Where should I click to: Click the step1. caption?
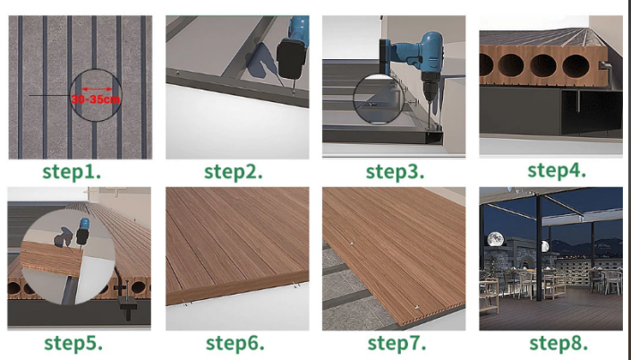click(72, 172)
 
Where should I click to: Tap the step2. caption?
click(234, 172)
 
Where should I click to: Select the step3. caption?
click(395, 172)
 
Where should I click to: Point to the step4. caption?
click(557, 170)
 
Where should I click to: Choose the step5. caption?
click(73, 344)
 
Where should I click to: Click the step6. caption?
click(235, 344)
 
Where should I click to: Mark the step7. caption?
click(397, 344)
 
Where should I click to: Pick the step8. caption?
click(559, 344)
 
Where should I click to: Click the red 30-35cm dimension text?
click(96, 99)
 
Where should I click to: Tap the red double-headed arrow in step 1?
click(97, 89)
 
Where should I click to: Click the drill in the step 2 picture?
click(293, 52)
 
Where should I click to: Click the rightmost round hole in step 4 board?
click(576, 66)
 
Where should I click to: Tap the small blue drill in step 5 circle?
click(83, 231)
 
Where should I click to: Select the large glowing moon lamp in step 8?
click(495, 239)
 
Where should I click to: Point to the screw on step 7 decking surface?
click(352, 244)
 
